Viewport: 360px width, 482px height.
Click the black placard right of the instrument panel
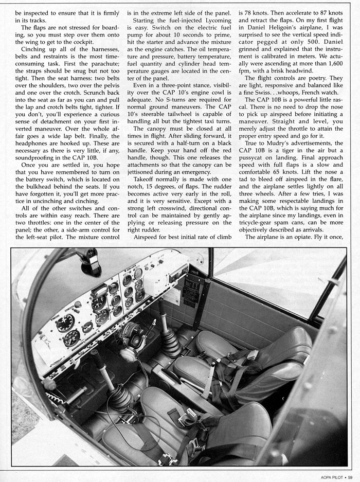point(191,290)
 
